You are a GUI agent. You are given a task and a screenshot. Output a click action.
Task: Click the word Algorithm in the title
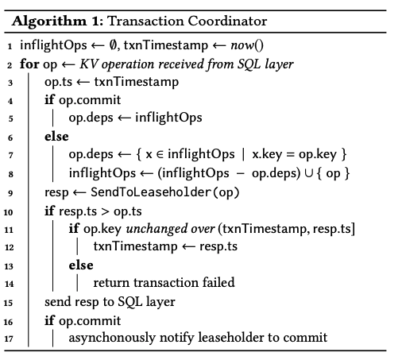[x=49, y=21]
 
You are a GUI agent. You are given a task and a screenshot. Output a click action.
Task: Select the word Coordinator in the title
[x=227, y=21]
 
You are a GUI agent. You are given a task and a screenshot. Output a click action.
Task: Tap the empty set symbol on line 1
[x=113, y=45]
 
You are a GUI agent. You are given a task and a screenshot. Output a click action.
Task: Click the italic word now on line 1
[x=242, y=45]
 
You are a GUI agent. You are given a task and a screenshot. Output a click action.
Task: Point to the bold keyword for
[x=29, y=64]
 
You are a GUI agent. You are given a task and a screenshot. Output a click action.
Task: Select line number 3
[x=10, y=83]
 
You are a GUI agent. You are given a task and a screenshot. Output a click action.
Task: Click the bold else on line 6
[x=56, y=137]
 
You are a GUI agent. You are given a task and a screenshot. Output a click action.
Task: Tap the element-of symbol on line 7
[x=160, y=154]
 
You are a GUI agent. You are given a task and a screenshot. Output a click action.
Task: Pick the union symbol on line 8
[x=309, y=173]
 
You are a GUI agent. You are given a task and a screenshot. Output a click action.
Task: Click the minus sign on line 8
[x=241, y=173]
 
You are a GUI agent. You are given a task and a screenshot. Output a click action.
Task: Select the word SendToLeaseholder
[x=150, y=192]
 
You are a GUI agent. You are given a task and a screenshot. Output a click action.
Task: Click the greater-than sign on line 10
[x=105, y=211]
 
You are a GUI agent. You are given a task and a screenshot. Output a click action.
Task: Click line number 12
[x=9, y=247]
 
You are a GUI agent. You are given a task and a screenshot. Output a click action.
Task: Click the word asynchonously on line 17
[x=112, y=338]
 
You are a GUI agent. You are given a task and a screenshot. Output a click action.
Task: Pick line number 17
[x=9, y=339]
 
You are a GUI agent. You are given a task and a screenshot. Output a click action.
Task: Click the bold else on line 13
[x=81, y=265]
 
